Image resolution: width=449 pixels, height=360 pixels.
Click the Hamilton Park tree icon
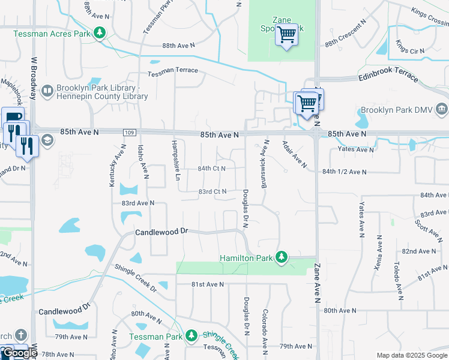pyautogui.click(x=280, y=258)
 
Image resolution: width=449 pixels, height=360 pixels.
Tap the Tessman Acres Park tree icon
pyautogui.click(x=100, y=32)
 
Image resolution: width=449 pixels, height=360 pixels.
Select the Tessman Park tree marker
pyautogui.click(x=191, y=336)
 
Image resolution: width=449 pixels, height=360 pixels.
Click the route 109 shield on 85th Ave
pyautogui.click(x=130, y=132)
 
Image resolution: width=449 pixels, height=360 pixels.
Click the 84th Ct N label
pyautogui.click(x=212, y=169)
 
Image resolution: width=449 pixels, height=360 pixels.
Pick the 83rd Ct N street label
pyautogui.click(x=212, y=191)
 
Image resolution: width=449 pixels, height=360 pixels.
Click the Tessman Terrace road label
pyautogui.click(x=173, y=71)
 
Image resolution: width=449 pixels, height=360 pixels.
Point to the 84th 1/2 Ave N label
pyautogui.click(x=344, y=172)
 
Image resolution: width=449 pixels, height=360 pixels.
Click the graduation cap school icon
pyautogui.click(x=47, y=141)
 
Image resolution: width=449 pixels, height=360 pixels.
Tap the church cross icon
pyautogui.click(x=21, y=334)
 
